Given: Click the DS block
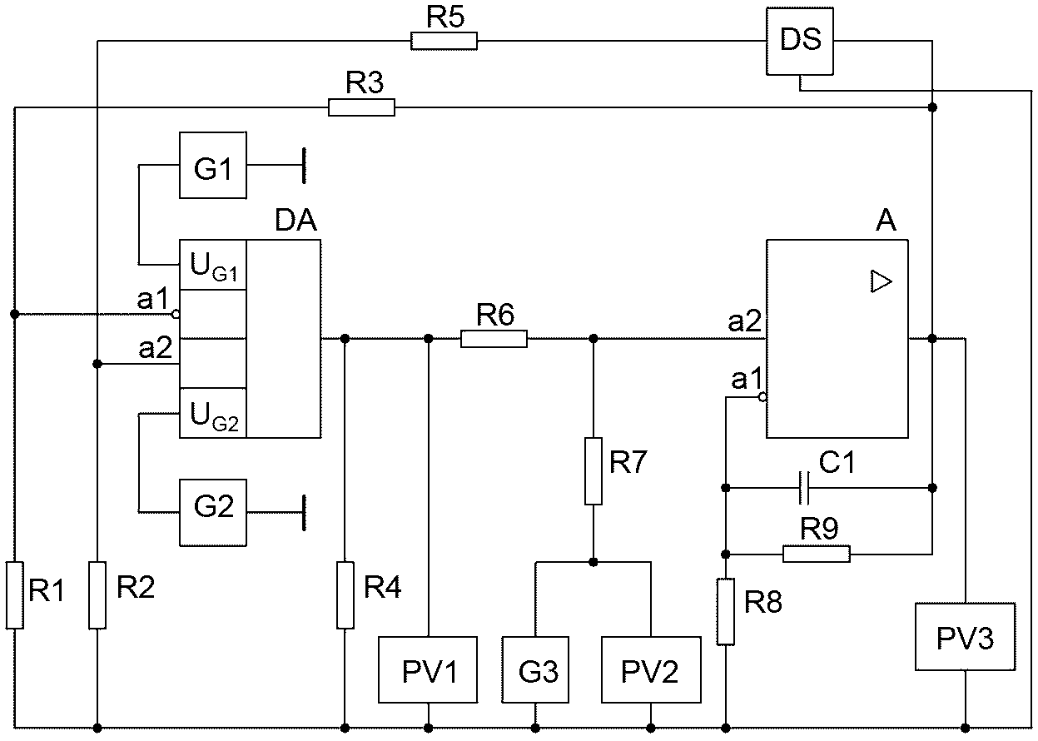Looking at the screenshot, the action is click(x=800, y=42).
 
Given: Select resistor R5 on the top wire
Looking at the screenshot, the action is click(x=444, y=42).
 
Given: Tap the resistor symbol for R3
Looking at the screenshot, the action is click(x=361, y=107).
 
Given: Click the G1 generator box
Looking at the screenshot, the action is click(x=213, y=166).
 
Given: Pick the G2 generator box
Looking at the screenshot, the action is click(x=213, y=513).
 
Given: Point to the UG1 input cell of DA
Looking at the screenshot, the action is click(x=213, y=265).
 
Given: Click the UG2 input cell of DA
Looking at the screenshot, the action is click(x=213, y=413).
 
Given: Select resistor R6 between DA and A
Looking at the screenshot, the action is click(x=494, y=339).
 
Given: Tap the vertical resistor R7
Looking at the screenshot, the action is click(x=593, y=471).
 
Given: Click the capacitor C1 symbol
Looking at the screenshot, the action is click(x=804, y=488).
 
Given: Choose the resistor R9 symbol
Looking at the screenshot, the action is click(x=817, y=554).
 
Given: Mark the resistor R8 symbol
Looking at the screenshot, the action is click(x=726, y=612).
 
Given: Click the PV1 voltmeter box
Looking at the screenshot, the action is click(x=428, y=669).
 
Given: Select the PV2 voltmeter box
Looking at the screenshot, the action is click(x=651, y=669).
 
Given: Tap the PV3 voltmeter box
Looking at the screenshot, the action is click(x=966, y=637).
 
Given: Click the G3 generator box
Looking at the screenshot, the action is click(x=535, y=669).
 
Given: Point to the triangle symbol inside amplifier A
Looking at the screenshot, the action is click(x=882, y=281).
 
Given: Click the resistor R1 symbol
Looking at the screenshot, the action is click(x=14, y=595).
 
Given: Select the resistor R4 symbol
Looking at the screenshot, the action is click(x=345, y=595).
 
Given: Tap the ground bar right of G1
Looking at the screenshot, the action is click(x=304, y=166).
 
